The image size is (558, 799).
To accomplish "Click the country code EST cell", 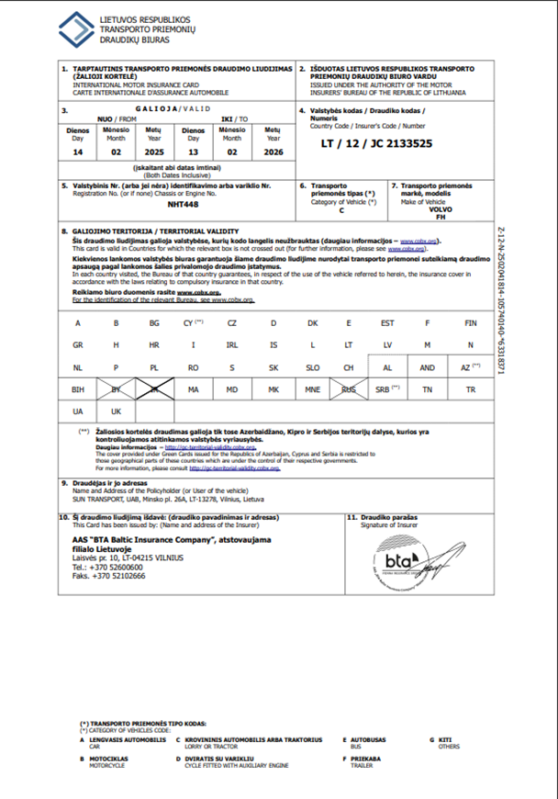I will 388,323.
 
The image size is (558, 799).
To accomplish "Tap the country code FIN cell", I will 471,323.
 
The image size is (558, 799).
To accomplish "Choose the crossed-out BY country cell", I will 117,389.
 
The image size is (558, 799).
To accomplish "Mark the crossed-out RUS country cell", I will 349,389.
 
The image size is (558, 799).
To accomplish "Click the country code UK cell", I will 117,411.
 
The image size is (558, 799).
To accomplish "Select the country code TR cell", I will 471,389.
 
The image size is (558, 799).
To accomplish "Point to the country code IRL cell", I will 232,344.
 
